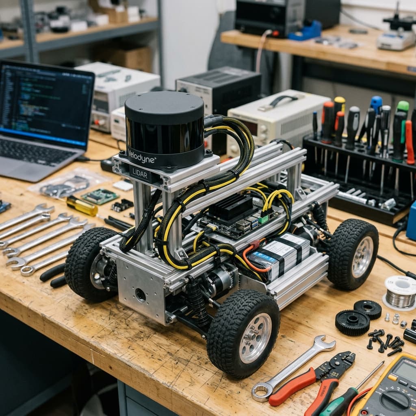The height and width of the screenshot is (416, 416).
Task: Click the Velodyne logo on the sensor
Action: click(x=141, y=156)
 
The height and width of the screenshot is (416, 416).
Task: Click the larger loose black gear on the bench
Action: click(x=352, y=322)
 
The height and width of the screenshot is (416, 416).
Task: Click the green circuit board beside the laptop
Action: click(x=100, y=196)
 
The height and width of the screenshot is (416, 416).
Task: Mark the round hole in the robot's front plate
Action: click(x=141, y=295)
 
